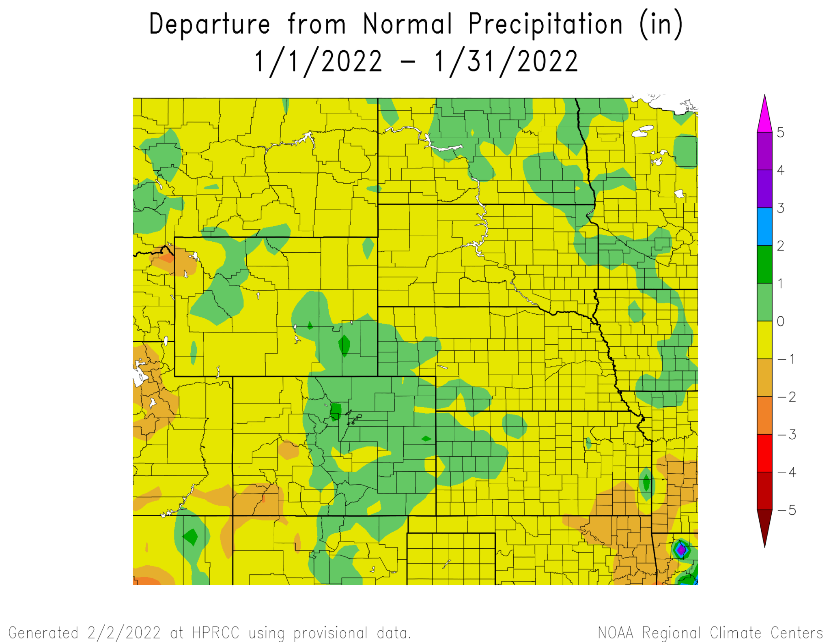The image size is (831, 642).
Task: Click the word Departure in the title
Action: tap(209, 24)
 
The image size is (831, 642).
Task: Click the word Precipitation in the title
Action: tap(545, 24)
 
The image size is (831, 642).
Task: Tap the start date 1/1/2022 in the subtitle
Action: tap(319, 62)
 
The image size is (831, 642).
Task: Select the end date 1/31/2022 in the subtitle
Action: tap(506, 62)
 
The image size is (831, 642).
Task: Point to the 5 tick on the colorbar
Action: tap(780, 133)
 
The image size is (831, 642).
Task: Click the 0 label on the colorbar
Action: tap(780, 321)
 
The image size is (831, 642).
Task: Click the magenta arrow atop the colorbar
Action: tap(764, 116)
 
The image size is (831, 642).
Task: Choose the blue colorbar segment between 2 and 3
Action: tap(764, 226)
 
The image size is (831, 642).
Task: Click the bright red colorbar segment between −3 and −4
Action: tap(764, 453)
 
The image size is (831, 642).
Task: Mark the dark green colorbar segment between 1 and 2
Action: tap(764, 264)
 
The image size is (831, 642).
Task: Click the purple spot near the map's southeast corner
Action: tap(681, 550)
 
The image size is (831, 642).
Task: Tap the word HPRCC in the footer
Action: tap(215, 633)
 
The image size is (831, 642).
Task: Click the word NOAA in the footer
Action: tap(616, 633)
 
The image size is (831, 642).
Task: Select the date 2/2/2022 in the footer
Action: tap(124, 633)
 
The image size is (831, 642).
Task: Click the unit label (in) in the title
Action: tap(661, 24)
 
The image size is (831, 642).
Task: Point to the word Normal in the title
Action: tap(407, 24)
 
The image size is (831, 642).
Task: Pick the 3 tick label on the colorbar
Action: tap(780, 208)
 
